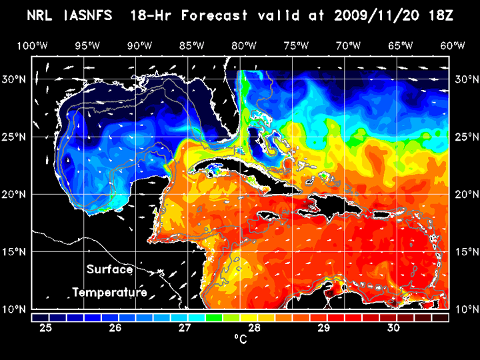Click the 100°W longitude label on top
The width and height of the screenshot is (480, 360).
click(x=32, y=46)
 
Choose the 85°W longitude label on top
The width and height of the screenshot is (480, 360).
click(x=191, y=46)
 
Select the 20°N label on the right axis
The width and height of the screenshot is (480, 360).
click(x=465, y=194)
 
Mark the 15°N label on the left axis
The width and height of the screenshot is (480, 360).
click(x=15, y=252)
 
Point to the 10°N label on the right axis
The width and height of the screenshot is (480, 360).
click(x=465, y=309)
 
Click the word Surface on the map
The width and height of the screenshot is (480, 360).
click(x=110, y=270)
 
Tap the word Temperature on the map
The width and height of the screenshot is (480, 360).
click(x=110, y=292)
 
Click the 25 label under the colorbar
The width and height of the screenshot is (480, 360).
click(x=45, y=328)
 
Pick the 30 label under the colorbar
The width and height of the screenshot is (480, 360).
click(x=393, y=328)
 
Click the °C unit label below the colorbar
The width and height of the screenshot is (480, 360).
click(x=240, y=340)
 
